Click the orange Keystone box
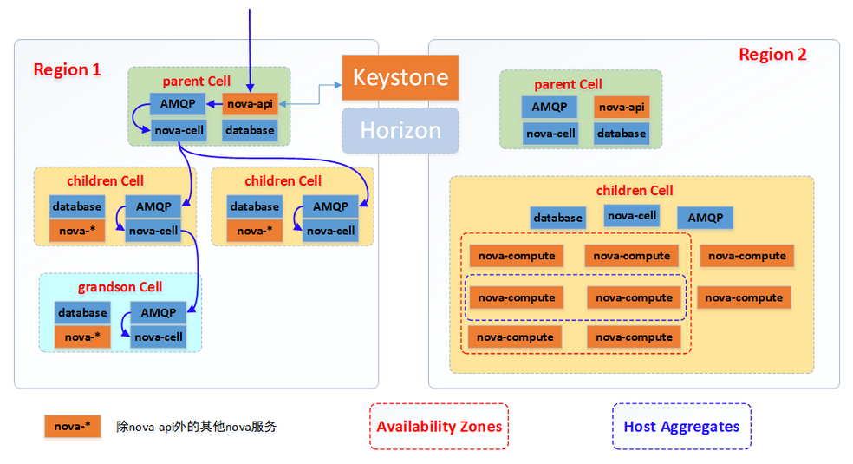point(400,77)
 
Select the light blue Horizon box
point(400,130)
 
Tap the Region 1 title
point(67,69)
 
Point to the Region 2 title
point(772,55)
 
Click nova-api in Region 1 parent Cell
point(250,105)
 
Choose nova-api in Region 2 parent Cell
point(621,108)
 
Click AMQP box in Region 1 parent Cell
point(178,105)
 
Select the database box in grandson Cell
point(81,312)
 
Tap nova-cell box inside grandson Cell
point(159,337)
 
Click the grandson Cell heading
point(120,287)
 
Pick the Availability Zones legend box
point(439,427)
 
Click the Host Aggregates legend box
point(681,427)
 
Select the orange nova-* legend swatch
point(72,427)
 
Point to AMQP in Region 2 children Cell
point(705,218)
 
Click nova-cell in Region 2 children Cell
point(632,216)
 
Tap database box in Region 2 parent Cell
point(621,134)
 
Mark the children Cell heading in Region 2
point(635,191)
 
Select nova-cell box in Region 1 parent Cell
point(178,131)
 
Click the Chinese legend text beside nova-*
point(196,427)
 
